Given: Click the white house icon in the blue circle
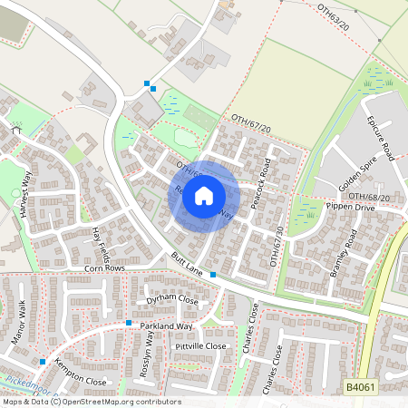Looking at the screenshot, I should [204, 195].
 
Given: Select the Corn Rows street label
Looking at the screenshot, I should [103, 269].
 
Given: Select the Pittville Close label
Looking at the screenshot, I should [200, 346].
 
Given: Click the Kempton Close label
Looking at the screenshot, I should [81, 374].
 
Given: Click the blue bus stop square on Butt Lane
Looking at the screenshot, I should [213, 274].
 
